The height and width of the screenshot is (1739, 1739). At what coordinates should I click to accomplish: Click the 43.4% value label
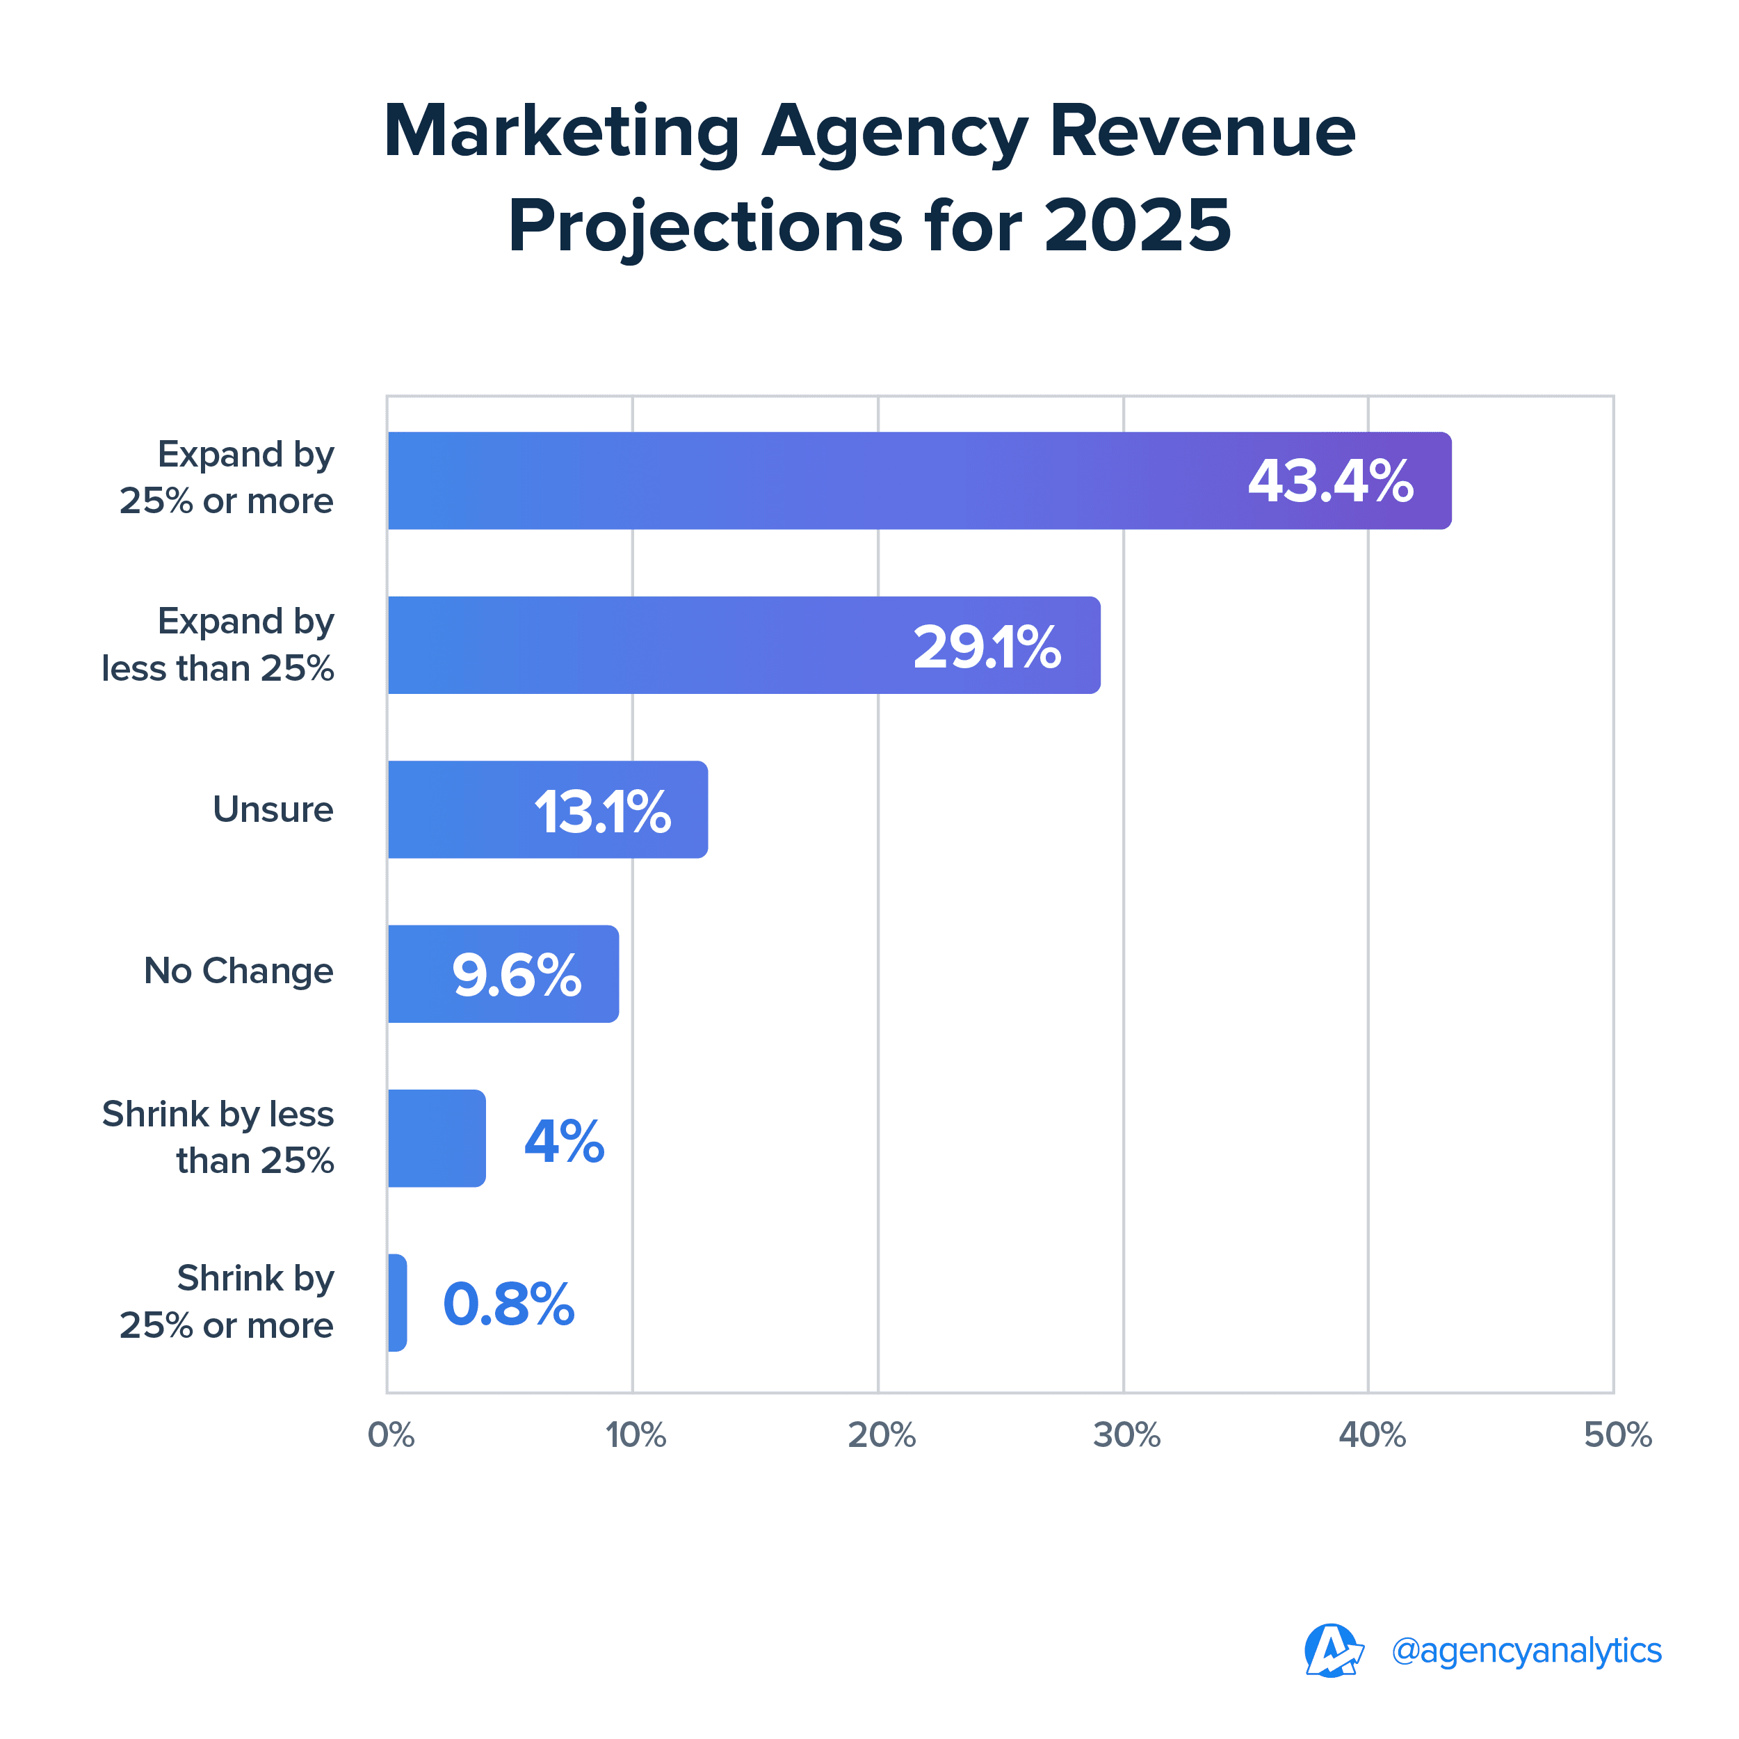[1329, 482]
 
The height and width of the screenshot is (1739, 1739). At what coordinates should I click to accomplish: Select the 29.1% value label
[987, 647]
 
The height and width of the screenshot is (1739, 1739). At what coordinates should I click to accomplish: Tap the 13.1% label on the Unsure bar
[602, 812]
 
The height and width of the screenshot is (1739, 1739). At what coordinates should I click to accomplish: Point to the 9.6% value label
[517, 976]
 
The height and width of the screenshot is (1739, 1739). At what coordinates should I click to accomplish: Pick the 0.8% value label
[508, 1304]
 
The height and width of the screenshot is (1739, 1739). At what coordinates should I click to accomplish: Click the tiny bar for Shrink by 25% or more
[397, 1302]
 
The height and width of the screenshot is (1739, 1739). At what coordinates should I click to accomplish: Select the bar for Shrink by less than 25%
[437, 1139]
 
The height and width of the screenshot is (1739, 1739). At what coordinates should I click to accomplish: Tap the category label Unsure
[273, 809]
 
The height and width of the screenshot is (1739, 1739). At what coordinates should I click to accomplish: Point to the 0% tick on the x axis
[391, 1434]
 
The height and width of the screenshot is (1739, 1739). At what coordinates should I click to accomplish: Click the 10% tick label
[636, 1434]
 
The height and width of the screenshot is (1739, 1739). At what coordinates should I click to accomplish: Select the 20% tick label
[881, 1434]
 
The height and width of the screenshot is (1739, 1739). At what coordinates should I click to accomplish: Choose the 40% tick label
[1372, 1434]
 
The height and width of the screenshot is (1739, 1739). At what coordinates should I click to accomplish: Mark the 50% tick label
[1617, 1434]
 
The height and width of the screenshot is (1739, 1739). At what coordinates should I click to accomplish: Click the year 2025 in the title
[1137, 225]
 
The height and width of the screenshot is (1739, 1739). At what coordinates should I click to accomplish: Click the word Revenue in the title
[1202, 131]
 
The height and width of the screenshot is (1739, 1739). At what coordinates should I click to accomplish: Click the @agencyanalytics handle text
[1526, 1651]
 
